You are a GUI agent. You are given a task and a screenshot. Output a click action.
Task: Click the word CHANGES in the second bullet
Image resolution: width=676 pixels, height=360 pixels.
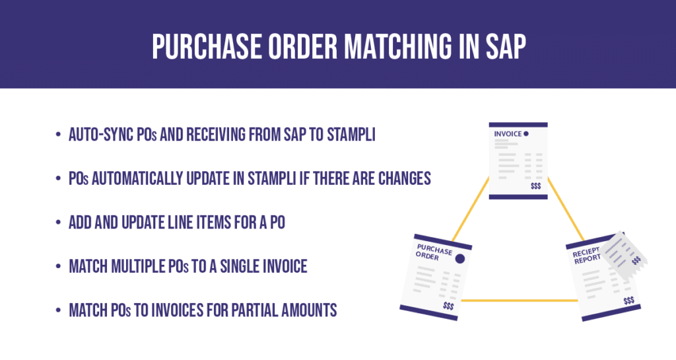(404, 178)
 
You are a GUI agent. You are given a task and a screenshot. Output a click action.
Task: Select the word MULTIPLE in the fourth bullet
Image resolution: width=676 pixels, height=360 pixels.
(139, 266)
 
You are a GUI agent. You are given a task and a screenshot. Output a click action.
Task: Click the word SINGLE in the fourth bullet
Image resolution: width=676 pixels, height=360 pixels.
(254, 266)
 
